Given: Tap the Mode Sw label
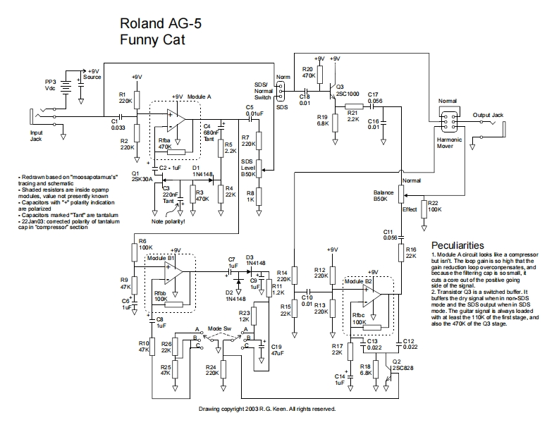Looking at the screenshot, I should pyautogui.click(x=220, y=329).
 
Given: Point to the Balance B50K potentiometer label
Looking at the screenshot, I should pyautogui.click(x=383, y=195).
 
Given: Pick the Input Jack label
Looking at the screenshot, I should pyautogui.click(x=36, y=135).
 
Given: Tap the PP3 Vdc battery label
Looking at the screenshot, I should pyautogui.click(x=50, y=85).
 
